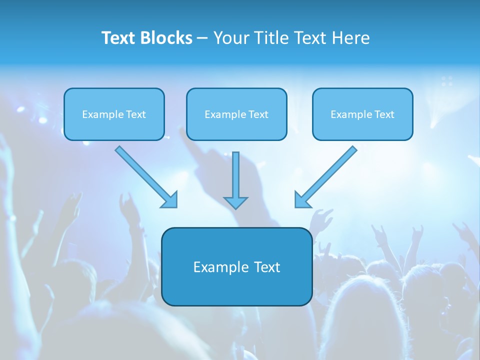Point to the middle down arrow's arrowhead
235,202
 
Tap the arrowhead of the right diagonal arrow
301,200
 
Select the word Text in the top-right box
384,114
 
